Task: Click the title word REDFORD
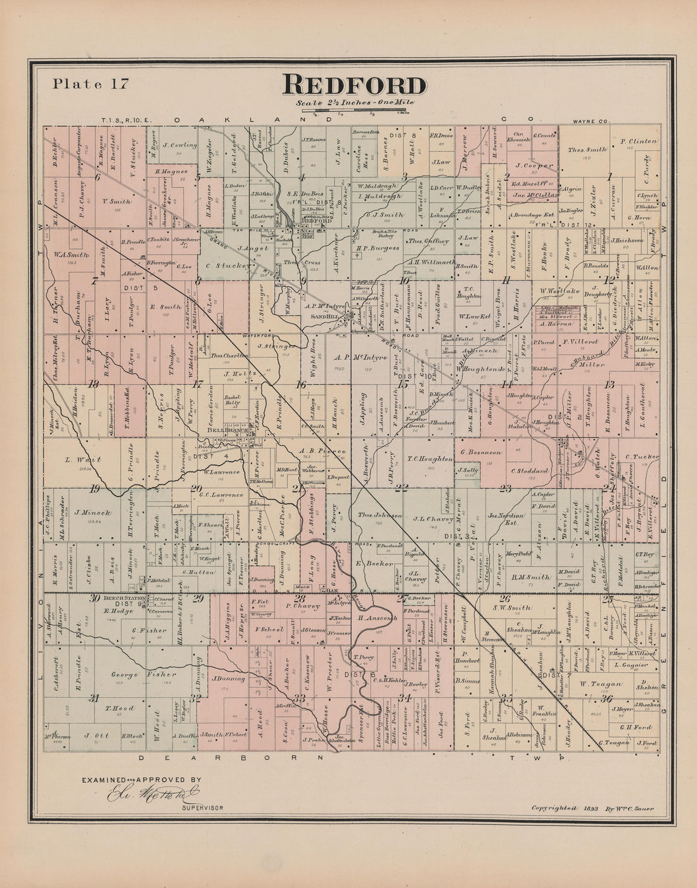[x=354, y=85]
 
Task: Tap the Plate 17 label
[x=91, y=83]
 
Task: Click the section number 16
[x=300, y=384]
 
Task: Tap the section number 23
[x=505, y=488]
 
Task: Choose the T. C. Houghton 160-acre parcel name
[x=430, y=459]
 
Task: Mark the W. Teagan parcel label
[x=598, y=684]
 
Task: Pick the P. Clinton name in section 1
[x=639, y=141]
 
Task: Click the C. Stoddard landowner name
[x=528, y=472]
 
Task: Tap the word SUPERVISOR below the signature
[x=202, y=809]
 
